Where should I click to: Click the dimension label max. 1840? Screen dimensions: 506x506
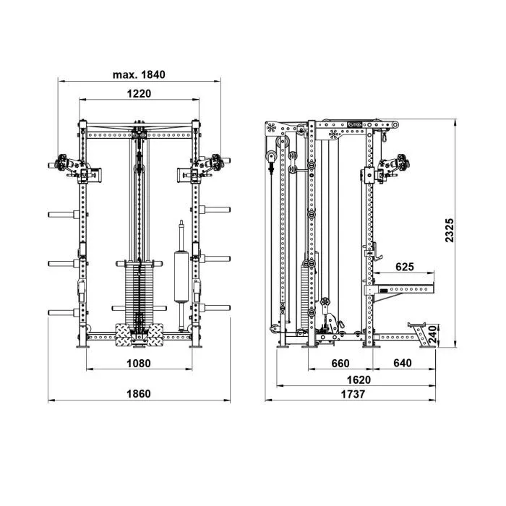pyautogui.click(x=139, y=74)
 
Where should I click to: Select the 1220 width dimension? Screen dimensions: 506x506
pyautogui.click(x=139, y=93)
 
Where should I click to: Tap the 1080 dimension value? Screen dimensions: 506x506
pyautogui.click(x=139, y=364)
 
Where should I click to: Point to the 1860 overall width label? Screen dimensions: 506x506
pyautogui.click(x=139, y=394)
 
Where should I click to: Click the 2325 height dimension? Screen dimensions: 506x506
pyautogui.click(x=449, y=230)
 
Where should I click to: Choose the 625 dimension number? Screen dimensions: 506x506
pyautogui.click(x=405, y=267)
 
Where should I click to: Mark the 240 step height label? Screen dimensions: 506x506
pyautogui.click(x=433, y=334)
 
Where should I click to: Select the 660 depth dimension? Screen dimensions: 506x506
pyautogui.click(x=340, y=364)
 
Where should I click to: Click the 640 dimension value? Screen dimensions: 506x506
pyautogui.click(x=403, y=363)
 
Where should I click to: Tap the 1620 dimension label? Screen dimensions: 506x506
pyautogui.click(x=359, y=379)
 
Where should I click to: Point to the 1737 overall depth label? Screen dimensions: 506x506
pyautogui.click(x=353, y=394)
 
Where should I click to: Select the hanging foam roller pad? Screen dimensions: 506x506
pyautogui.click(x=181, y=276)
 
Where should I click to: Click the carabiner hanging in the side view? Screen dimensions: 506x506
pyautogui.click(x=384, y=136)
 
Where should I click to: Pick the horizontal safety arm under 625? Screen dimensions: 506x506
pyautogui.click(x=400, y=289)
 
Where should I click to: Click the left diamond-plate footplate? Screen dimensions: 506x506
pyautogui.click(x=124, y=335)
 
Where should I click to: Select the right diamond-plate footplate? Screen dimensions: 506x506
pyautogui.click(x=155, y=335)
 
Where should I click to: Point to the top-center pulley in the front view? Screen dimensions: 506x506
pyautogui.click(x=139, y=134)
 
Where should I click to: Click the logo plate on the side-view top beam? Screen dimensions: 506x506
pyautogui.click(x=355, y=124)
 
